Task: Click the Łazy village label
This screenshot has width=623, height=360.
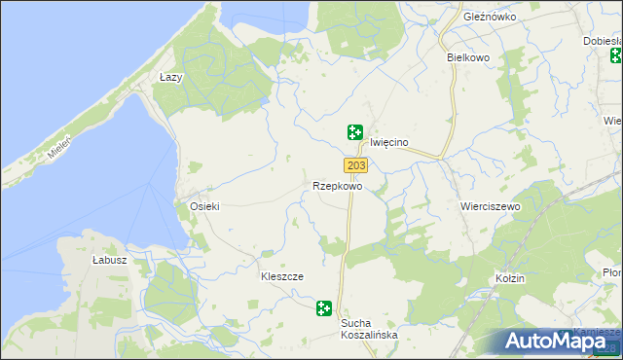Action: pyautogui.click(x=171, y=76)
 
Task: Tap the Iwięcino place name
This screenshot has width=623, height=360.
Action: pyautogui.click(x=388, y=142)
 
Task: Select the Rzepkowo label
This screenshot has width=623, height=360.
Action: pyautogui.click(x=338, y=186)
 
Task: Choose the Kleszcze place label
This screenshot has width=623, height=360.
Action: pyautogui.click(x=281, y=276)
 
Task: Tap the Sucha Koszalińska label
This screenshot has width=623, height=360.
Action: pyautogui.click(x=369, y=328)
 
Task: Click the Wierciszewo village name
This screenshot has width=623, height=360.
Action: pyautogui.click(x=490, y=207)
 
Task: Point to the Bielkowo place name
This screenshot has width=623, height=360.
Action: pyautogui.click(x=467, y=57)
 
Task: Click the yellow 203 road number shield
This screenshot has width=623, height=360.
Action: pyautogui.click(x=355, y=165)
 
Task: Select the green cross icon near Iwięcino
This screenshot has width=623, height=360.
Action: pyautogui.click(x=355, y=131)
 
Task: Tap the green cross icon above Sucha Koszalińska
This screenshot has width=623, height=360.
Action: pyautogui.click(x=323, y=309)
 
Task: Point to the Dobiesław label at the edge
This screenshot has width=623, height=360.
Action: pyautogui.click(x=603, y=41)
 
